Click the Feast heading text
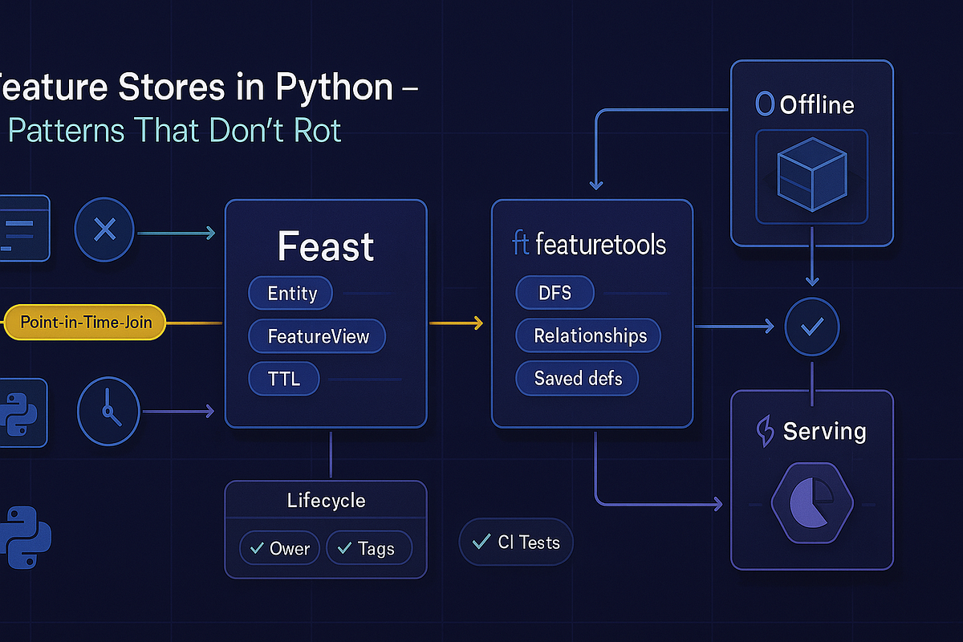tap(326, 246)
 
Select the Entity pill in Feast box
tap(291, 294)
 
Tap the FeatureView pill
tap(317, 336)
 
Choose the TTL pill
tap(284, 378)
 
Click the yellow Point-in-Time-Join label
tap(91, 323)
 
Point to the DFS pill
tap(555, 292)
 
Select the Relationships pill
tap(589, 335)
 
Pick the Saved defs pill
tap(577, 378)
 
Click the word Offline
tap(816, 105)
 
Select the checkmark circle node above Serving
tap(812, 327)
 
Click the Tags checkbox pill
tap(369, 549)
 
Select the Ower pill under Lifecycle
tap(280, 549)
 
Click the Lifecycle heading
tap(326, 501)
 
